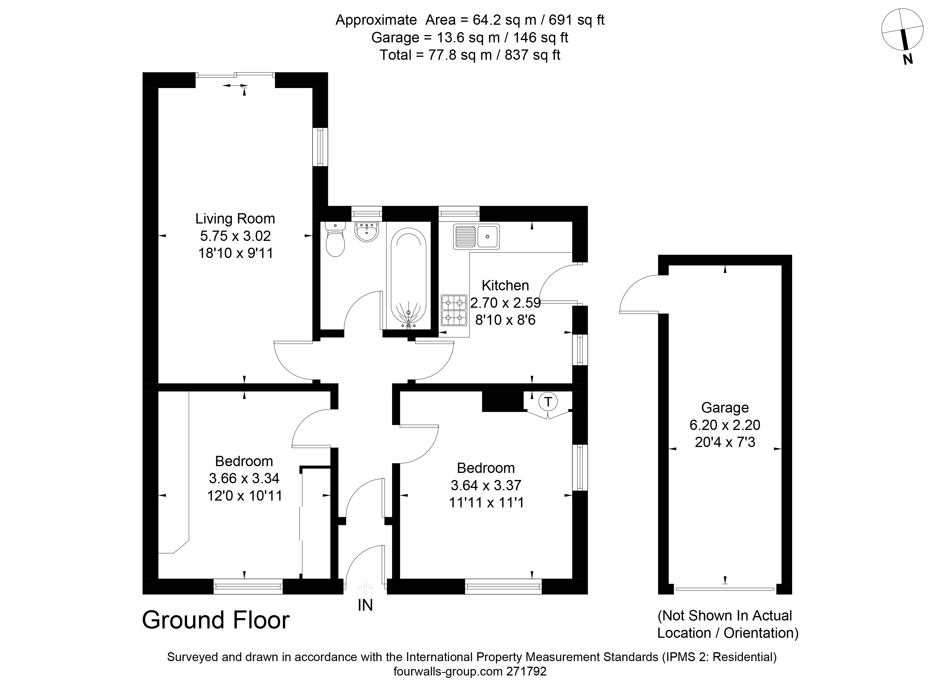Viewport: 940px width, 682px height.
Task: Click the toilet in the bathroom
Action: pyautogui.click(x=335, y=239)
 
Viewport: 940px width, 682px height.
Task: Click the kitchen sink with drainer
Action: pyautogui.click(x=476, y=236)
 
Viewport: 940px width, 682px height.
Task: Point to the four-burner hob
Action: pyautogui.click(x=454, y=310)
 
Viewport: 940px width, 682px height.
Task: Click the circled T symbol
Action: pyautogui.click(x=548, y=401)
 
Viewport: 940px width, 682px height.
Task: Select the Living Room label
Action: pyautogui.click(x=235, y=218)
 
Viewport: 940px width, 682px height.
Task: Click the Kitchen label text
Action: pyautogui.click(x=505, y=285)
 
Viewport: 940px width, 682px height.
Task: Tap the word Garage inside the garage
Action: pyautogui.click(x=725, y=408)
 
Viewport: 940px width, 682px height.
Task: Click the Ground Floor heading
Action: pyautogui.click(x=216, y=620)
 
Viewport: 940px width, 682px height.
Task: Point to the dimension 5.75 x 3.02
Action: pyautogui.click(x=235, y=236)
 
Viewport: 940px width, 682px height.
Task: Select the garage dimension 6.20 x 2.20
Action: pyautogui.click(x=725, y=425)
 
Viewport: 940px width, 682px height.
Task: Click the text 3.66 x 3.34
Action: pyautogui.click(x=244, y=478)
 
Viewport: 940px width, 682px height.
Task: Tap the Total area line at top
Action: pyautogui.click(x=470, y=55)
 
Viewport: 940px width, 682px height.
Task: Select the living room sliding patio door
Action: pyautogui.click(x=235, y=75)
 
